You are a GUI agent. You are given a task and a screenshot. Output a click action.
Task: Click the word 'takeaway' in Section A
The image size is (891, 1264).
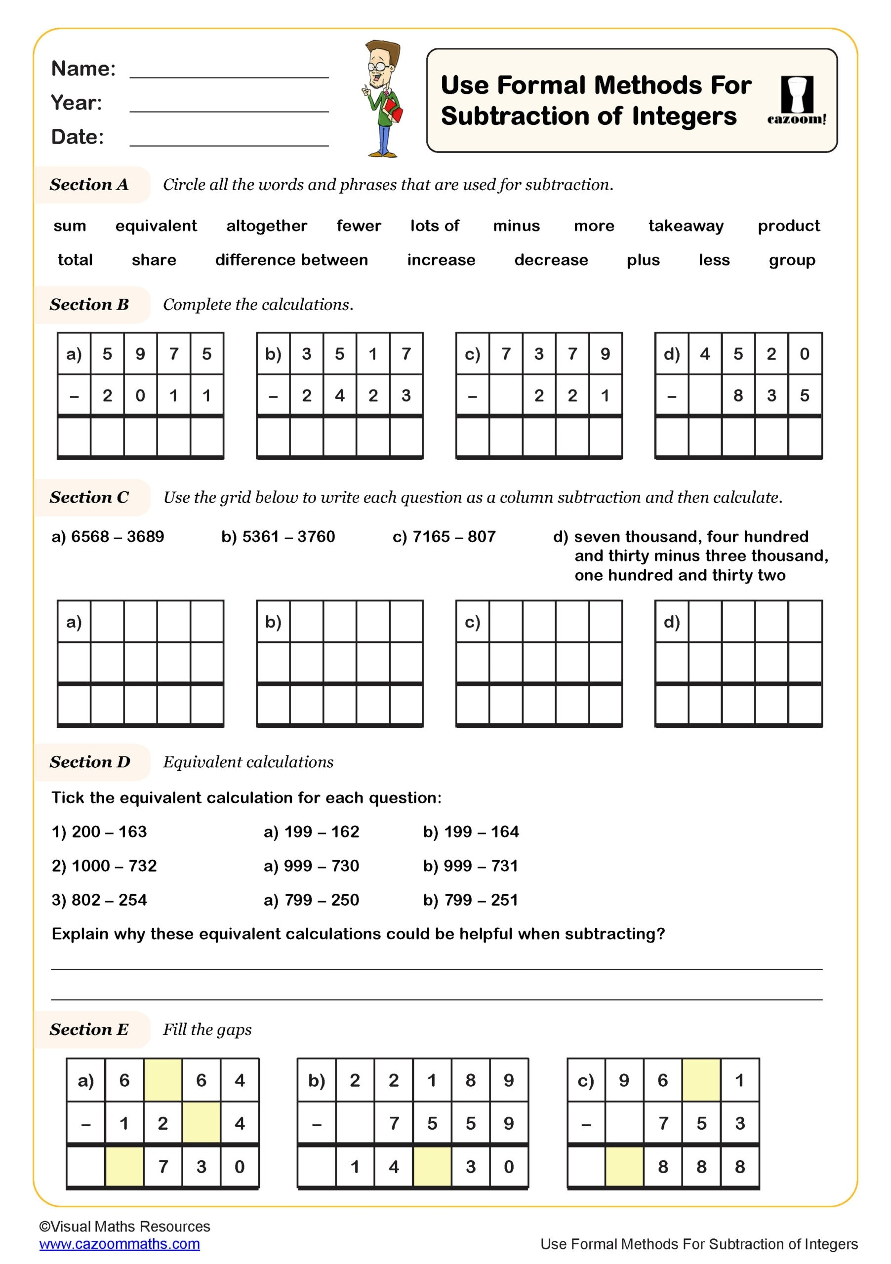tap(686, 226)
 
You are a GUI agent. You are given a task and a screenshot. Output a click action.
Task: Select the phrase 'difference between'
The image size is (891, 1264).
tap(291, 260)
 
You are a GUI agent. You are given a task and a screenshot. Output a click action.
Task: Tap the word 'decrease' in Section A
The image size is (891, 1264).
tap(551, 260)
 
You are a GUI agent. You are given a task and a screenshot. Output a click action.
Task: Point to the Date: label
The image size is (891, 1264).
tap(77, 137)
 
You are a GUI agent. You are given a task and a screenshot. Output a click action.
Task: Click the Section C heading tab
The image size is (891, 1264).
tap(90, 497)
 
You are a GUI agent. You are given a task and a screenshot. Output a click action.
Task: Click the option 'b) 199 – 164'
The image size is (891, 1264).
tap(471, 831)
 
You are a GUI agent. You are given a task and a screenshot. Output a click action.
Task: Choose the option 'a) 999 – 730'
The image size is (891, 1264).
tap(311, 866)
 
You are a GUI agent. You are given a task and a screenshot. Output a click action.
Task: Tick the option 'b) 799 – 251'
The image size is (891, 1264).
tap(470, 900)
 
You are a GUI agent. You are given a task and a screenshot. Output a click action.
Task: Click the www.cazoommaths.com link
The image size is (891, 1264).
tap(120, 1244)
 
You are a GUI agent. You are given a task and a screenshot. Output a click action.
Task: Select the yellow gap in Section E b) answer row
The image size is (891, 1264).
tap(432, 1166)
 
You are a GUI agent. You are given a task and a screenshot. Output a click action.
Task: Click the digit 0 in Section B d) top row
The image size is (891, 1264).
tap(804, 354)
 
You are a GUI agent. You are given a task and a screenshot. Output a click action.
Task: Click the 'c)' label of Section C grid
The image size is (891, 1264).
tap(472, 622)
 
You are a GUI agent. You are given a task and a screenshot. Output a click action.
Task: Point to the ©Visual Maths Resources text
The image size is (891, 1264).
tap(124, 1226)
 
